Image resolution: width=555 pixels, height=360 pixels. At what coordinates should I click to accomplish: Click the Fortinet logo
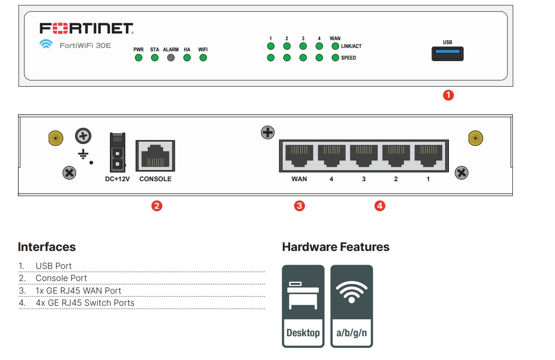86,28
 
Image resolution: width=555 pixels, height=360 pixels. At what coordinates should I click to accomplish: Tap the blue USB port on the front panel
447,54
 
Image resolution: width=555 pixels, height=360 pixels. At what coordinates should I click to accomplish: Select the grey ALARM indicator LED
171,58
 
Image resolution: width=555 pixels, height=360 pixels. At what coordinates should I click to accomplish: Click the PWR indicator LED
139,58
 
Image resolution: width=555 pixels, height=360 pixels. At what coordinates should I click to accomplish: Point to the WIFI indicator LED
203,58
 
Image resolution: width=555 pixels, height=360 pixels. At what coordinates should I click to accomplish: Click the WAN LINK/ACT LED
335,47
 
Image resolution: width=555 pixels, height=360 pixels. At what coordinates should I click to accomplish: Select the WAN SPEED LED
335,58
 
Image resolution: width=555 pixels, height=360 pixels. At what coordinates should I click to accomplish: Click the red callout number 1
448,95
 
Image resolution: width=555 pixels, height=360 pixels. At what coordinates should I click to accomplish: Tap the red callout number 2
156,206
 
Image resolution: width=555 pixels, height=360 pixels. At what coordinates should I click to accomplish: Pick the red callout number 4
380,206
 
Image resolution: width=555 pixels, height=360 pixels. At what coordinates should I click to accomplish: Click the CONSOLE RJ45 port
155,155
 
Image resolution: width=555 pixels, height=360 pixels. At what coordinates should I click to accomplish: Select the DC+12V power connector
117,152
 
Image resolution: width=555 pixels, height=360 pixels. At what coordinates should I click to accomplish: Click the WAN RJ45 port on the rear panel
299,155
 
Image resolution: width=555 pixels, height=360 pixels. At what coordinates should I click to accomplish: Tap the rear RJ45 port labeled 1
428,155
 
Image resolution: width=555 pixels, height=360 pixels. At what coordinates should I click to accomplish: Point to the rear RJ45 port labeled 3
364,155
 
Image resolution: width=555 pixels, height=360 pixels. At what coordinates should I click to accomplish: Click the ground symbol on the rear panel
83,155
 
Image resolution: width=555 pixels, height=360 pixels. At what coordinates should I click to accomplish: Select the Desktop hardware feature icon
303,306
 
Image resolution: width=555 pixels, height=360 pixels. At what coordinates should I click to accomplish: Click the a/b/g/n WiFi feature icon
352,306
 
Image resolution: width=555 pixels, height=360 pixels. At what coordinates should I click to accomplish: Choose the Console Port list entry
61,278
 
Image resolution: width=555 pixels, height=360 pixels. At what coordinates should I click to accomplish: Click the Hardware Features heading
336,247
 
